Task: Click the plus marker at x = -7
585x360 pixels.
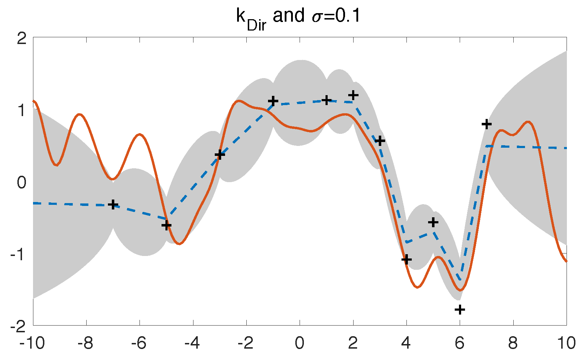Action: [113, 204]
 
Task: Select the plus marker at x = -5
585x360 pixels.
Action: [166, 225]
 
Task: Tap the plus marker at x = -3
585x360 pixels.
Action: [220, 155]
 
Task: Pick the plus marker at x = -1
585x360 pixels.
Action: [273, 101]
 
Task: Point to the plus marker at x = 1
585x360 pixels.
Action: [326, 100]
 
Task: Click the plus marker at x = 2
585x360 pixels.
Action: [353, 95]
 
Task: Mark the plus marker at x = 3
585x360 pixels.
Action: [380, 141]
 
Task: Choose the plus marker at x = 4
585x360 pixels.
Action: [406, 259]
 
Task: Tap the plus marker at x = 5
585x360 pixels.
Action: [433, 223]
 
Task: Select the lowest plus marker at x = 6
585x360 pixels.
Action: [460, 310]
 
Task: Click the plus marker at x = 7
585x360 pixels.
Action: [487, 124]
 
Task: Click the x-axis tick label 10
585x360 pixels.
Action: [566, 343]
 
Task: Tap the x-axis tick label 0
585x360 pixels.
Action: [300, 343]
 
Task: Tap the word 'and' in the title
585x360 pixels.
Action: [289, 16]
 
